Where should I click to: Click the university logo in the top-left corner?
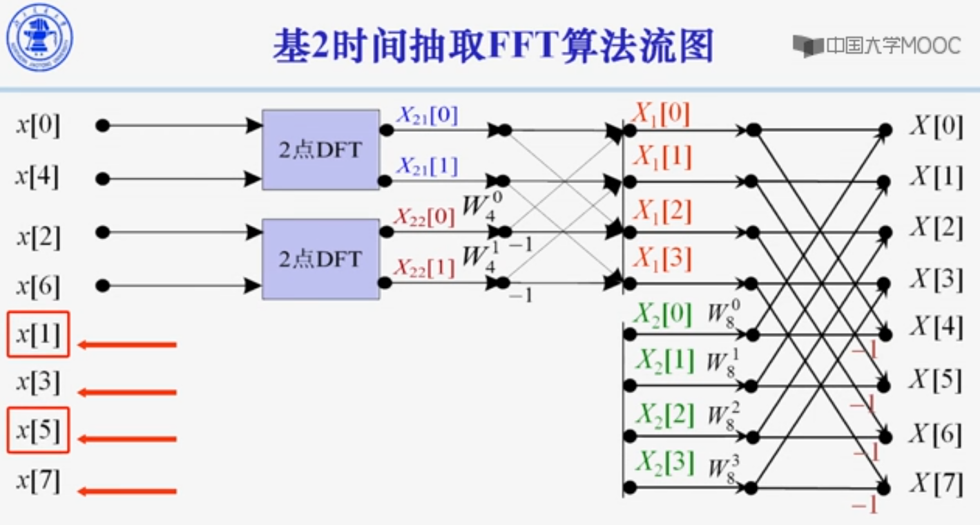39,37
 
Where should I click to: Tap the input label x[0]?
38,126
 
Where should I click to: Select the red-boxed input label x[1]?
38,335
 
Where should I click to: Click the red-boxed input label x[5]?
38,430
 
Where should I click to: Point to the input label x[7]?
38,481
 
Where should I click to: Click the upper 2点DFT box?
320,149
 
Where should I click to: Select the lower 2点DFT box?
320,259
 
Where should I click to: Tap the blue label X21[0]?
426,115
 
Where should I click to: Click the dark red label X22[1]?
424,268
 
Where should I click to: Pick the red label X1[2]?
662,211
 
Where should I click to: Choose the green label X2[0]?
662,315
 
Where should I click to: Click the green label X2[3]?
664,463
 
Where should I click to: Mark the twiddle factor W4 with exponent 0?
482,204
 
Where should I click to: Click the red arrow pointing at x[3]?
128,392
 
